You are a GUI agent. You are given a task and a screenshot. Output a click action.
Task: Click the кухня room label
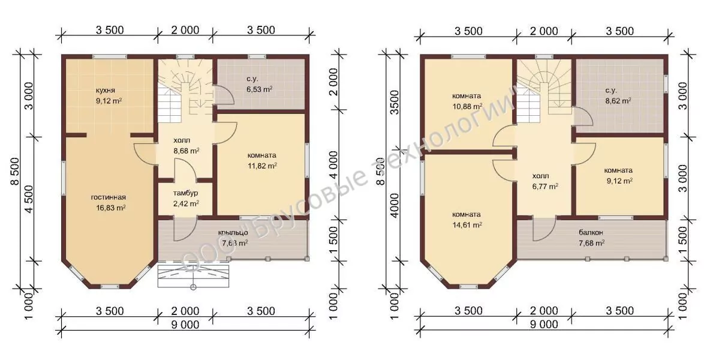point(109,91)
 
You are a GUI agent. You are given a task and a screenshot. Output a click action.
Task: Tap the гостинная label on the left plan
point(108,197)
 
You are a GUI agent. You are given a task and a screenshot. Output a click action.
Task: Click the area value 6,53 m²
point(260,89)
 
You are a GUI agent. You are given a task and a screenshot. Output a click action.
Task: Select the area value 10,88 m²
point(467,106)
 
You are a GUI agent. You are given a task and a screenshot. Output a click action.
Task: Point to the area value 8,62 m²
point(618,101)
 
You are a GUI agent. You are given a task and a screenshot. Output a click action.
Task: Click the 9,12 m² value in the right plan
point(619,181)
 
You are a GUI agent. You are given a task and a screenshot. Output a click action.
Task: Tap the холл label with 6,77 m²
point(540,176)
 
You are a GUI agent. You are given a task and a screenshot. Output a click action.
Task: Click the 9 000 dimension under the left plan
point(185,325)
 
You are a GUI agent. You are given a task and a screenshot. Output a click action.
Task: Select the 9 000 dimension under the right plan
point(544,325)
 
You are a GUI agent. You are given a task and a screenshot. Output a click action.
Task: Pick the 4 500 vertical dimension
point(29,200)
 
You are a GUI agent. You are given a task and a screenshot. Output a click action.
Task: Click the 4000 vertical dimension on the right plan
point(395,205)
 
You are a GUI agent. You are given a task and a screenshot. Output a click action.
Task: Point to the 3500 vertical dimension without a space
point(395,103)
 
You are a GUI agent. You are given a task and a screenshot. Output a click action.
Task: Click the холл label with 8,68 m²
point(185,140)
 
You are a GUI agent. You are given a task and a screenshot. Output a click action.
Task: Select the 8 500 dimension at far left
point(14,171)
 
